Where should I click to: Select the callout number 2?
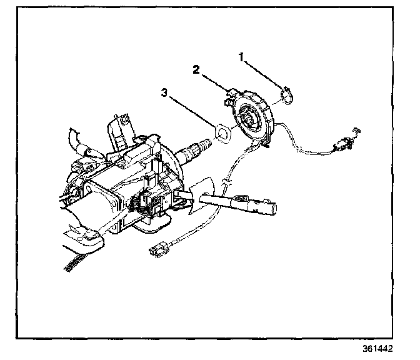196,70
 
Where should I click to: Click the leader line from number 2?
213,82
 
